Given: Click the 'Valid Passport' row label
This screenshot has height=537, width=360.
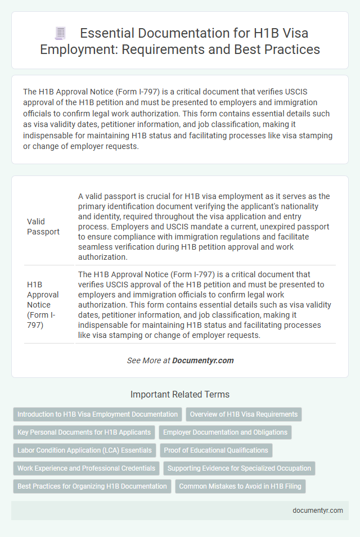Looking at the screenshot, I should click(44, 227).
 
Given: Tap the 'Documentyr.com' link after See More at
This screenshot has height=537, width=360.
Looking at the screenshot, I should click(203, 360).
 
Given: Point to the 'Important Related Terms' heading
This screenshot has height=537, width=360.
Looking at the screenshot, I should click(180, 395).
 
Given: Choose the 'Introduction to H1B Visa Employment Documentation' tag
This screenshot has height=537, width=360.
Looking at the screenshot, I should click(97, 414).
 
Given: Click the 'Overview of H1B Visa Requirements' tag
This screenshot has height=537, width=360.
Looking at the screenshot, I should click(244, 414).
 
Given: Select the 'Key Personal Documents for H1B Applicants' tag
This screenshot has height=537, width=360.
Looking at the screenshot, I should click(84, 432).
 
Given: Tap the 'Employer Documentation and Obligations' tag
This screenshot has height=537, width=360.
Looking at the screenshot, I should click(225, 432).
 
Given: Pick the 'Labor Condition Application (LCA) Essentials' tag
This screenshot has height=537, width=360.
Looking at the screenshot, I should click(84, 450).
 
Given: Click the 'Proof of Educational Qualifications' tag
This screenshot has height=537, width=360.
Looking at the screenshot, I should click(216, 450).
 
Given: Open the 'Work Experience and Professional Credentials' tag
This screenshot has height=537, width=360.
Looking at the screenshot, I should click(86, 468).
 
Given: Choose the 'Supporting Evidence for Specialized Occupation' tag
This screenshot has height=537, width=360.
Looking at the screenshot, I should click(239, 468).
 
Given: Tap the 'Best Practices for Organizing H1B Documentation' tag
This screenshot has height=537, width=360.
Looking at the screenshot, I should click(92, 486).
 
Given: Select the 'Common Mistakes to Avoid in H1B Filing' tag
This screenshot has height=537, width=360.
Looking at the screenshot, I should click(240, 486).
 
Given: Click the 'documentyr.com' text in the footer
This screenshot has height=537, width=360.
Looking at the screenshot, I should click(318, 511).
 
